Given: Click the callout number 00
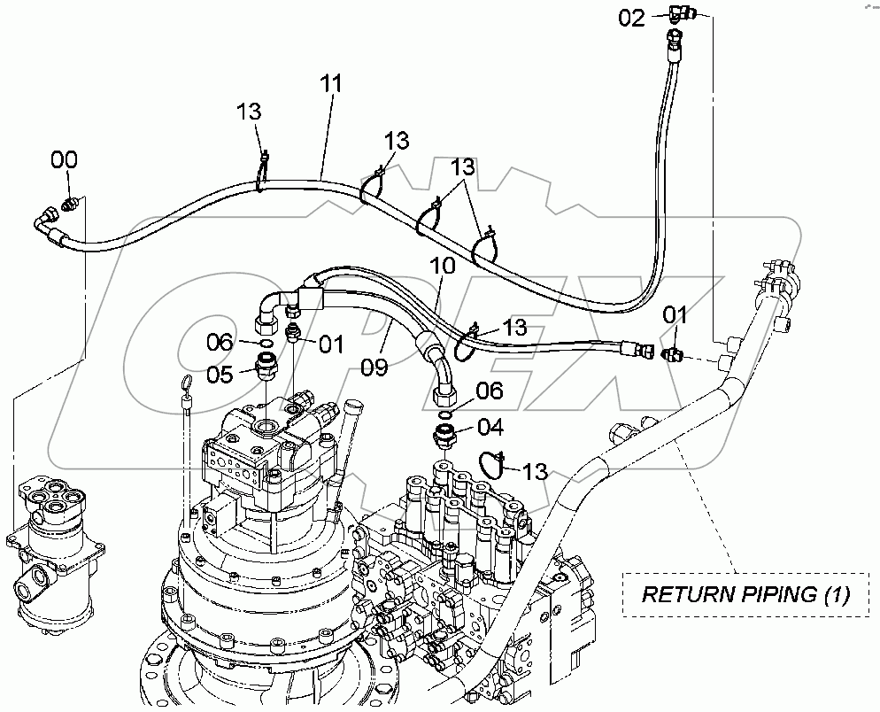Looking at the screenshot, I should point(63,160).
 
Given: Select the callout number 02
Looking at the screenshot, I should point(631,18).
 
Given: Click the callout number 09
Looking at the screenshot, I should point(374,366).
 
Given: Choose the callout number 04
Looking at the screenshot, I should point(490,429).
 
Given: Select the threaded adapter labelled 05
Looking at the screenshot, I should point(266,365).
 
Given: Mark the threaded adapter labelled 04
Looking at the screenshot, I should point(444,435).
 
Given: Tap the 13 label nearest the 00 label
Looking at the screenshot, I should point(248,112).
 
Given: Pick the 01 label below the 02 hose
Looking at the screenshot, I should point(675,315).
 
